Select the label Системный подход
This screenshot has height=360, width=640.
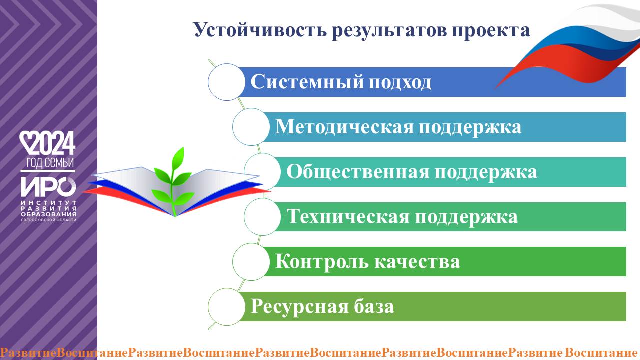click(341, 82)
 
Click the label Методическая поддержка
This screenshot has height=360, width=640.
click(398, 127)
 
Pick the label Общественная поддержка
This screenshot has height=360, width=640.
click(411, 172)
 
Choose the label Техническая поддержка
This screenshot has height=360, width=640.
click(402, 217)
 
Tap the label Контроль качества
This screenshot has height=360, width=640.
click(367, 262)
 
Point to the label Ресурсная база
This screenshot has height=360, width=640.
click(322, 306)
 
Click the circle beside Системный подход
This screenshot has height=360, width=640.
click(226, 82)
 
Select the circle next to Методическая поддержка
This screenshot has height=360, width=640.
click(251, 127)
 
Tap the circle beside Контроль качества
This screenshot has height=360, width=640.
click(251, 262)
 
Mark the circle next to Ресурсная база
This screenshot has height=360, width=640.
click(226, 307)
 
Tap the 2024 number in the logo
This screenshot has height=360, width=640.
click(54, 144)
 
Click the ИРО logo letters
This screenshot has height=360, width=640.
click(47, 187)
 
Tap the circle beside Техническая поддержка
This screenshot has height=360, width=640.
click(262, 217)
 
